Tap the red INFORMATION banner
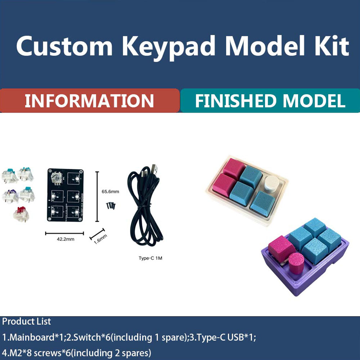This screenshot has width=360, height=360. click(x=89, y=101)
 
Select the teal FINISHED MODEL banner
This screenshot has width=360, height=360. click(x=270, y=101)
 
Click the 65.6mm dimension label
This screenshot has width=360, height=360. click(x=110, y=192)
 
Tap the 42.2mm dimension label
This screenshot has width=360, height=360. click(x=65, y=239)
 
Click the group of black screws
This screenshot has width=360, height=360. click(x=111, y=205)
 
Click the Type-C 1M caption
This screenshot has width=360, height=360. click(x=150, y=258)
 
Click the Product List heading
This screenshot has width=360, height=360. click(x=27, y=321)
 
